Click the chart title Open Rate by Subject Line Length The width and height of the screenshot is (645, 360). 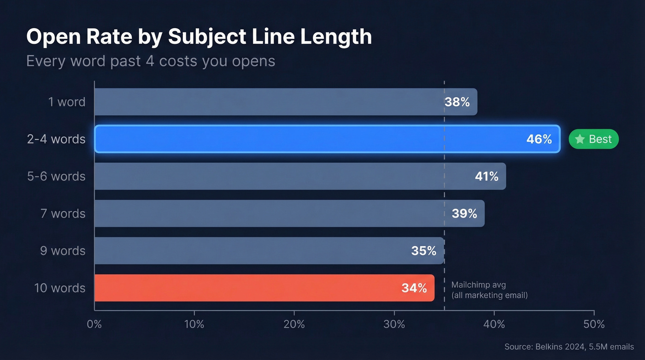click(199, 37)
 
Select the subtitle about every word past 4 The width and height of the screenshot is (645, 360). click(151, 61)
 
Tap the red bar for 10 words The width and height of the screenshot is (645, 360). click(264, 288)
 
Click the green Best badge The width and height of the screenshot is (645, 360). click(593, 139)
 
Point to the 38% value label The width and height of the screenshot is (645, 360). click(457, 102)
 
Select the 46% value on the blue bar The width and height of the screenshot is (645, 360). click(539, 139)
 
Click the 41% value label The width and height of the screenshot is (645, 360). click(487, 176)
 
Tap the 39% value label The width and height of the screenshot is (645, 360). click(464, 213)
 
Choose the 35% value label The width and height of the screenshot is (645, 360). click(423, 251)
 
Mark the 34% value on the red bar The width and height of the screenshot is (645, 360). click(414, 288)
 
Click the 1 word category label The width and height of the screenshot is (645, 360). click(67, 102)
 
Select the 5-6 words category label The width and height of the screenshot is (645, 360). click(56, 176)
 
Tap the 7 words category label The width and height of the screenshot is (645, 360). click(63, 213)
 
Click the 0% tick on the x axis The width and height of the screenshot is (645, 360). click(94, 324)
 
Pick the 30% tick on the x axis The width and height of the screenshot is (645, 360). click(394, 324)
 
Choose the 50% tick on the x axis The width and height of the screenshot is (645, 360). click(594, 324)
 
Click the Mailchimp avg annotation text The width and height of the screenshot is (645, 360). click(489, 290)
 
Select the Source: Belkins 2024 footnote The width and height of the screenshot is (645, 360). click(569, 347)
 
